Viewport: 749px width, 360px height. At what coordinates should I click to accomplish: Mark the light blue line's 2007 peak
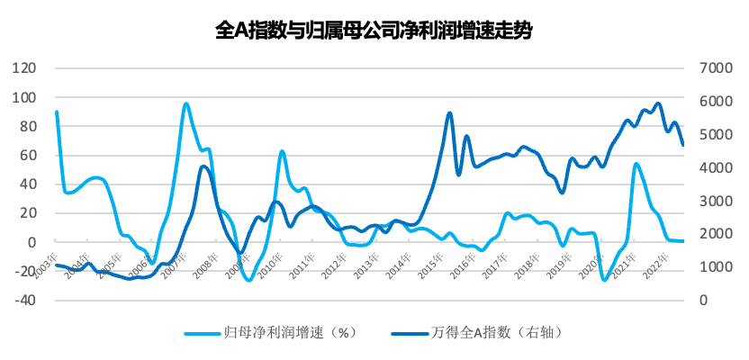coord(186,103)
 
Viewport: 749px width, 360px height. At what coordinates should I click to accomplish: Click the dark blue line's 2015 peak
coord(449,112)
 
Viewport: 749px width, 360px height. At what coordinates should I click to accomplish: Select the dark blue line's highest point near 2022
coord(658,103)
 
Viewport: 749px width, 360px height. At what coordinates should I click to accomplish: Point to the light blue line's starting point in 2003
coord(57,112)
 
